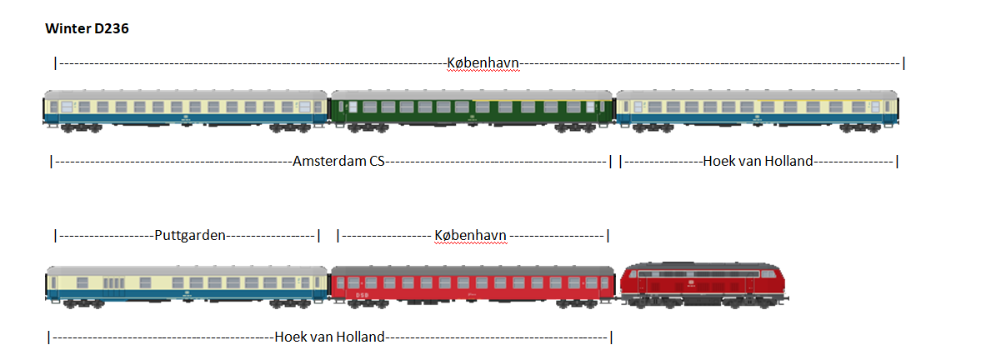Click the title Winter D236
(87, 29)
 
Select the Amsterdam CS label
(338, 161)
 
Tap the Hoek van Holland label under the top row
(757, 161)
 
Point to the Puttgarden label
(190, 235)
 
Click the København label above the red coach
(470, 235)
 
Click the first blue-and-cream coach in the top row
(185, 110)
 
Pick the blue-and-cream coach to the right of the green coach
(757, 110)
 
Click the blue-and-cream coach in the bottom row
(187, 285)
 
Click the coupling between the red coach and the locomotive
(618, 293)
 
